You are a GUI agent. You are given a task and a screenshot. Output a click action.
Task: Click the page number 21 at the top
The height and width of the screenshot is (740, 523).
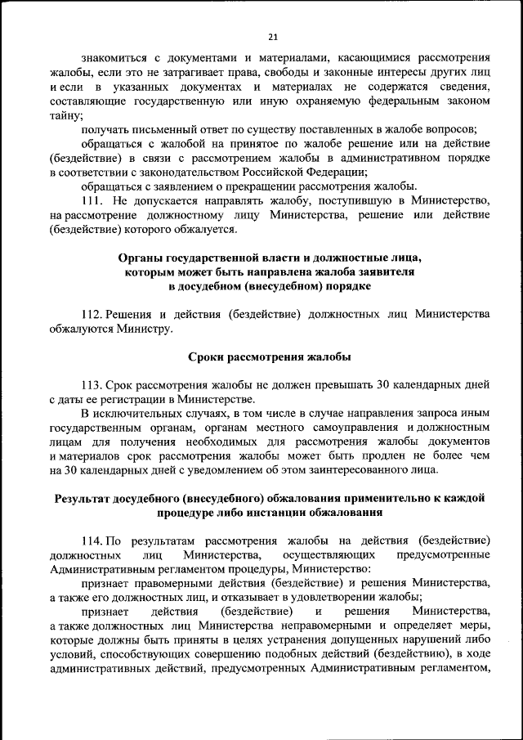[x=272, y=36]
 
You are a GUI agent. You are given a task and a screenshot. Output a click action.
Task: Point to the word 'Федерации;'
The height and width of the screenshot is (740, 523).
[x=337, y=171]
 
